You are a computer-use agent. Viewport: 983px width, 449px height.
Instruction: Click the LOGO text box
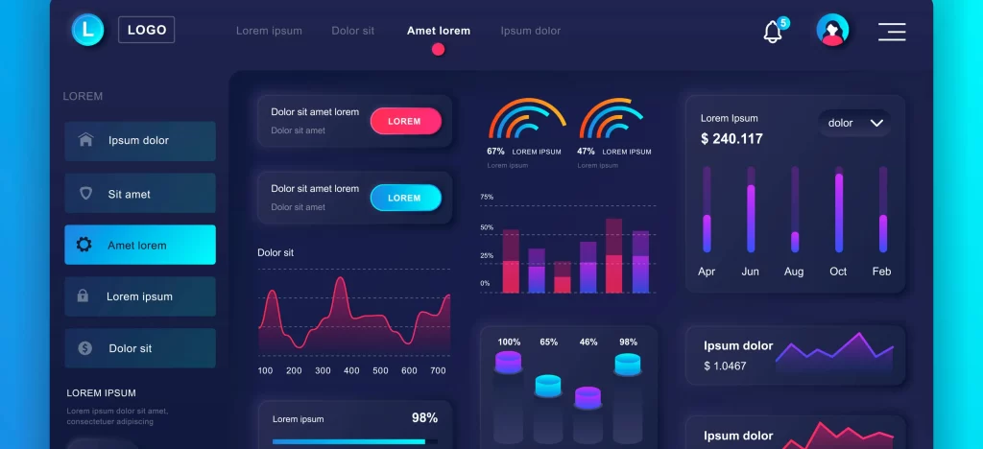146,30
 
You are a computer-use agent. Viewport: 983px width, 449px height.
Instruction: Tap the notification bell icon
773,32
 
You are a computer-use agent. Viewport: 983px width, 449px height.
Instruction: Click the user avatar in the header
832,31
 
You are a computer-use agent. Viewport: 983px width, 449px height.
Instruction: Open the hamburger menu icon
892,32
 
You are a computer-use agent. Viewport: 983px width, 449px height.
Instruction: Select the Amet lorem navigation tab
438,31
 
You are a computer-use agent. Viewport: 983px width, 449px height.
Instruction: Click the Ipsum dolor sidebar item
140,140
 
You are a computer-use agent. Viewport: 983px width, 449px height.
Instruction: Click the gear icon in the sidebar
84,245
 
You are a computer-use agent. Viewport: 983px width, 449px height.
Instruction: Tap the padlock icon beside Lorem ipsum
84,296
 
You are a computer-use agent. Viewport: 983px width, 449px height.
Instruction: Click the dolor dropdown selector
854,123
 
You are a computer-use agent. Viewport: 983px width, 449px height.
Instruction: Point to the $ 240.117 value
731,139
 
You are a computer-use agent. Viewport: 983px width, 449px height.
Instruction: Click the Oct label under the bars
838,272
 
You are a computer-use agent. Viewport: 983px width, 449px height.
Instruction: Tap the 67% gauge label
495,152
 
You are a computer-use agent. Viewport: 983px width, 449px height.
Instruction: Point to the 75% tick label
487,197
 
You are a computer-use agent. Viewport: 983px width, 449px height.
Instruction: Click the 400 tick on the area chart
351,370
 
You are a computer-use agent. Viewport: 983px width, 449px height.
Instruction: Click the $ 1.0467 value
725,366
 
